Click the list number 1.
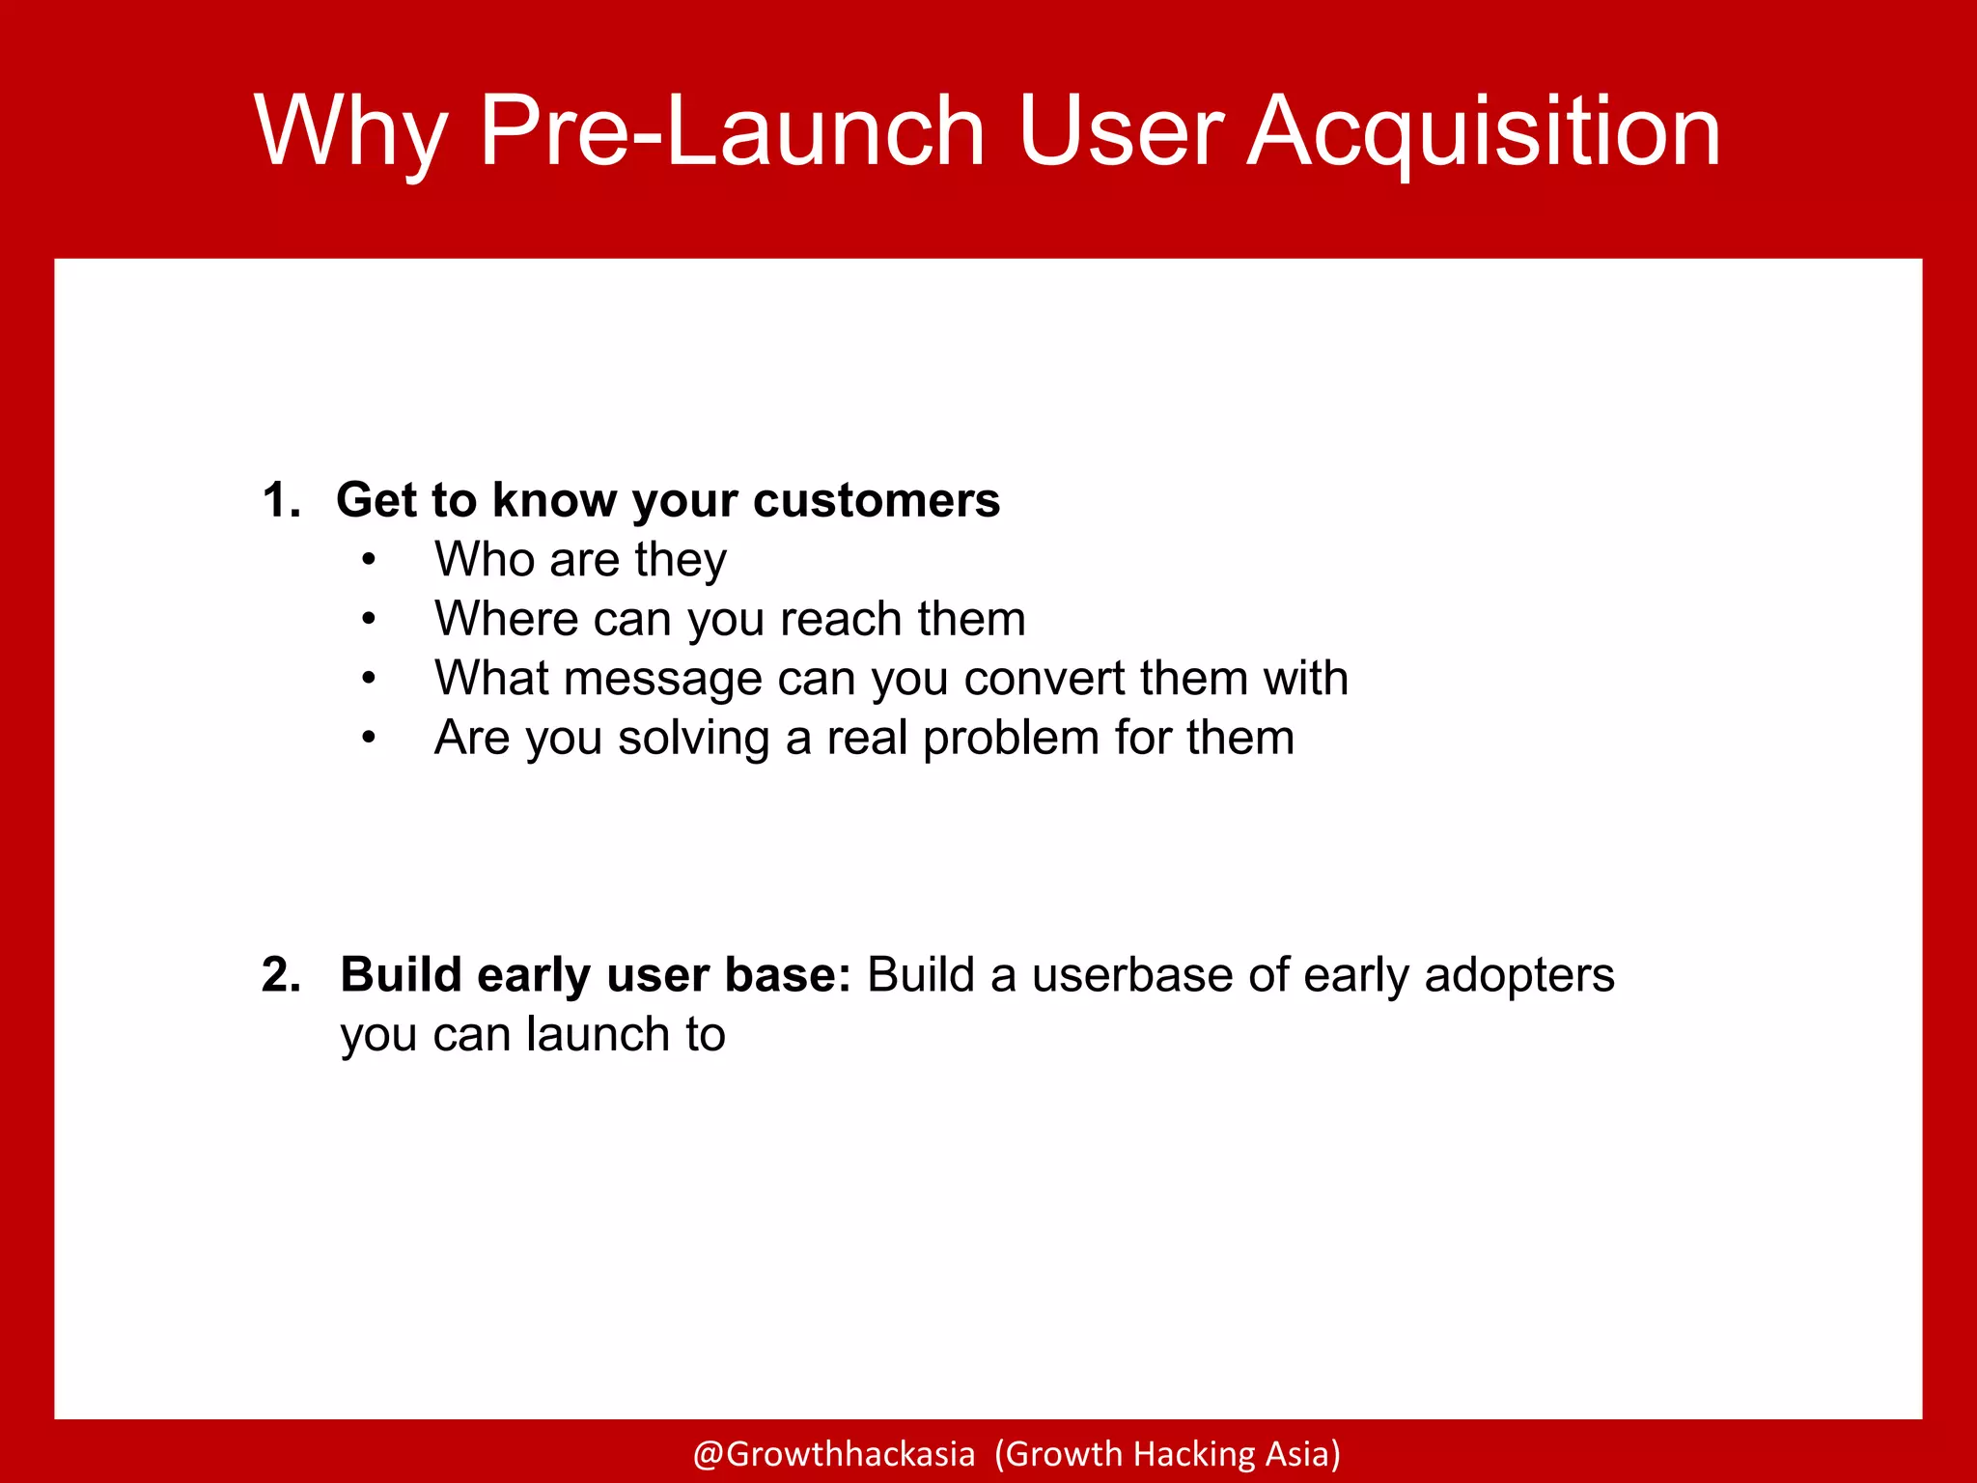tap(280, 500)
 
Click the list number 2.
tap(280, 975)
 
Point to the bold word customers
tap(876, 500)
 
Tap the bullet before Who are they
tap(368, 560)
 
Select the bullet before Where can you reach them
tap(368, 619)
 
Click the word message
tap(664, 679)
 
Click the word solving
tap(693, 739)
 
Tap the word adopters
tap(1518, 975)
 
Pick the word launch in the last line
tap(598, 1035)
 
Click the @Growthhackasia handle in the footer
tap(833, 1454)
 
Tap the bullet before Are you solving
tap(368, 739)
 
